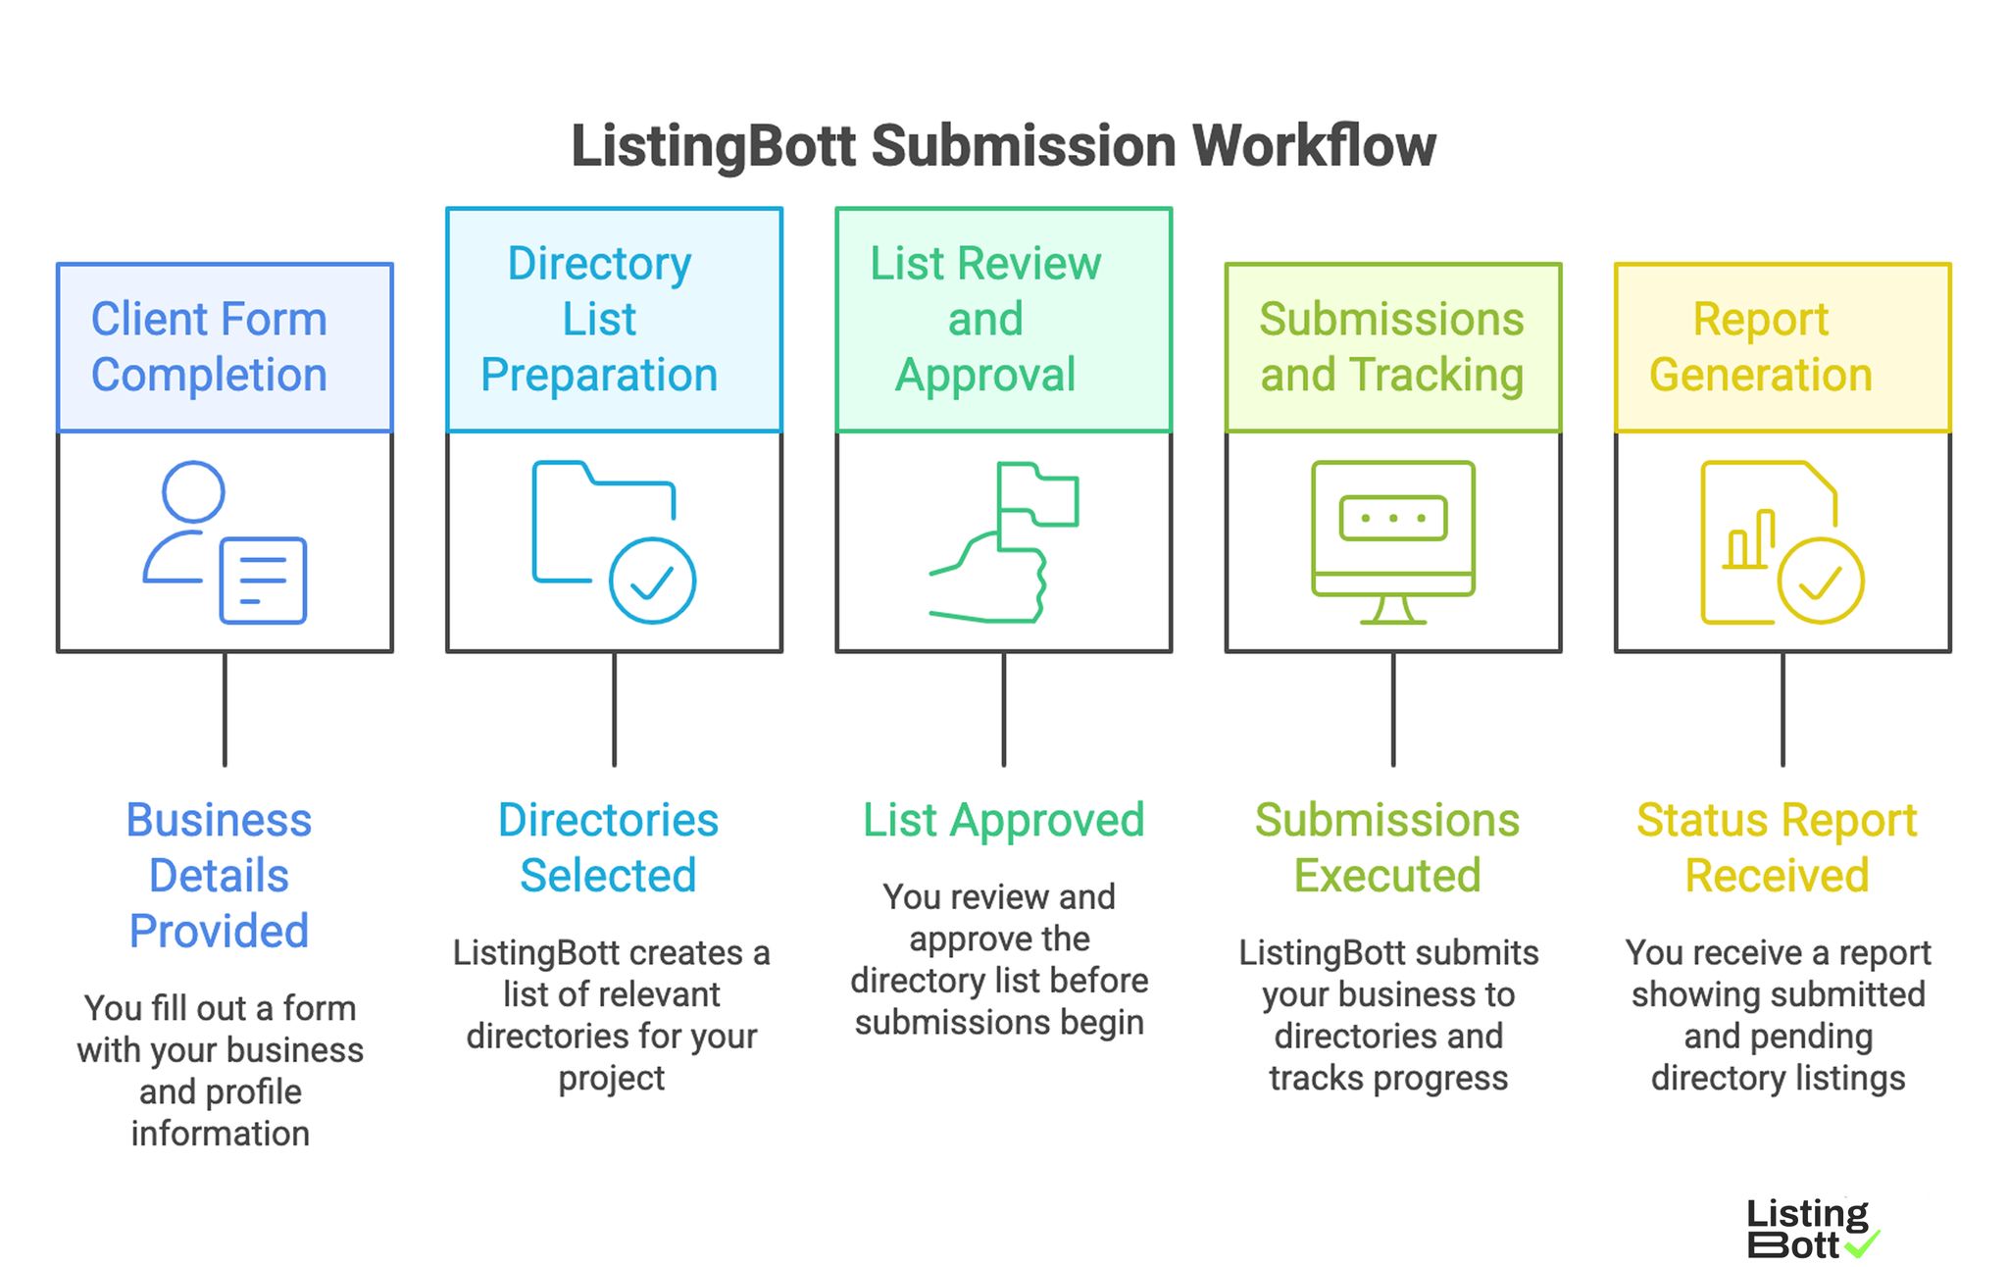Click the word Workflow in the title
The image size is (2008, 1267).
1314,147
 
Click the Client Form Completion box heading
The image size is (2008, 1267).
225,347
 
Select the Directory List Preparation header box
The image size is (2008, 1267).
614,320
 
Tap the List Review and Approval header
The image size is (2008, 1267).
1003,320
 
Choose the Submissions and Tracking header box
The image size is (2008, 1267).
1392,347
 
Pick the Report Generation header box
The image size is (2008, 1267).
1782,347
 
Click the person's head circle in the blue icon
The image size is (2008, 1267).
193,491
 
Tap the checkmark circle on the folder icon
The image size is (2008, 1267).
652,581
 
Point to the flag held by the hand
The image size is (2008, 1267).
1037,496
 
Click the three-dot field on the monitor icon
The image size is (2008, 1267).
1392,518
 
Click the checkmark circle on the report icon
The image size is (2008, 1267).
1821,581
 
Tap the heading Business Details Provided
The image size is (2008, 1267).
220,875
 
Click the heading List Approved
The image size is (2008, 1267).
1003,820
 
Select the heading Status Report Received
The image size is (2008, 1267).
1777,847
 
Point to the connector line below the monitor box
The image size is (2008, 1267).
1392,708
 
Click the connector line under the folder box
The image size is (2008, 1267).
614,708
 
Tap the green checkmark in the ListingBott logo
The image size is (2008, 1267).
1862,1244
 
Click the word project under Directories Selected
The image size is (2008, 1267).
611,1078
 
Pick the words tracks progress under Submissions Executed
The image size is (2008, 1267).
1388,1078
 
